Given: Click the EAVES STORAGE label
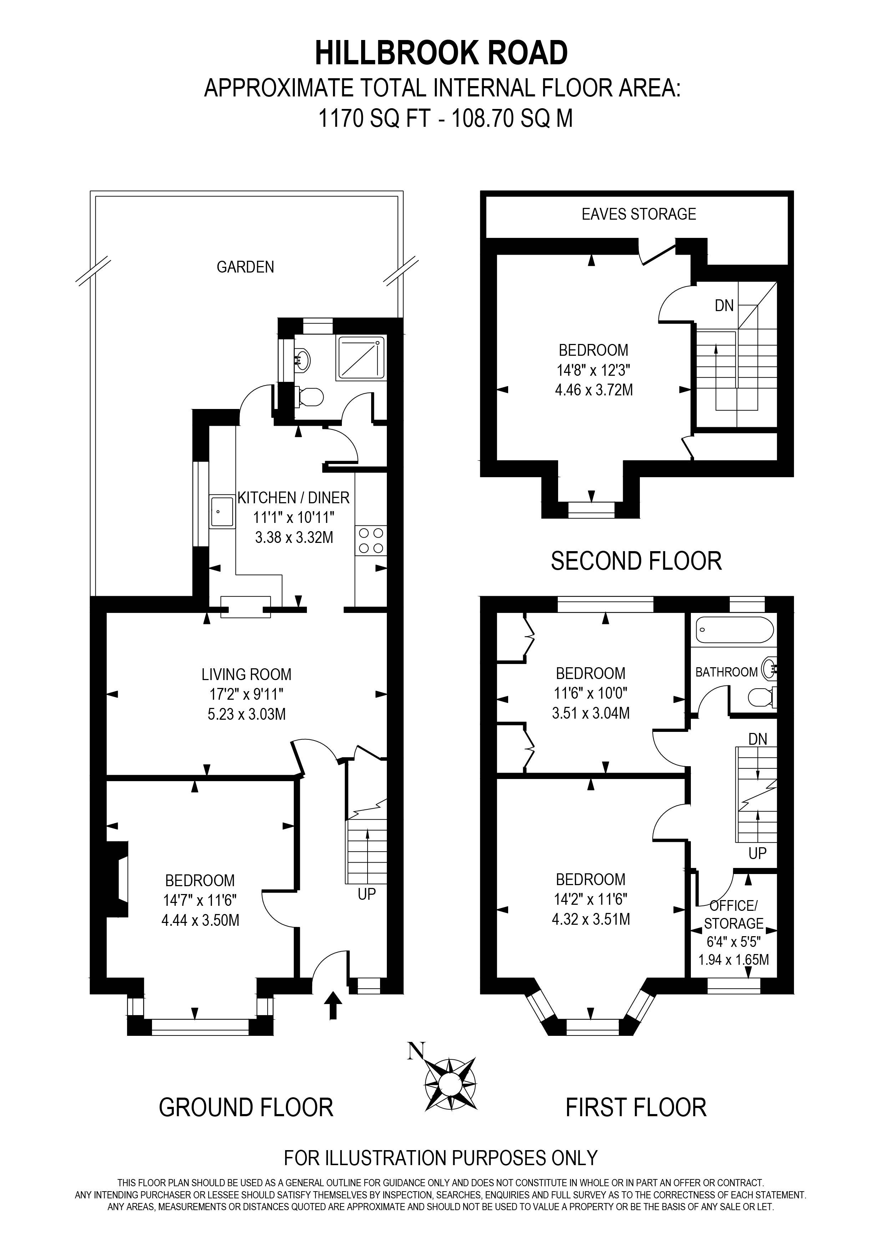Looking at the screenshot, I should click(638, 214).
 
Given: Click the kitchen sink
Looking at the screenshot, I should click(222, 511).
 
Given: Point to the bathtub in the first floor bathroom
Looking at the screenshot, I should click(734, 630).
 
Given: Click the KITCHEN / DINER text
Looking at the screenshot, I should click(293, 497).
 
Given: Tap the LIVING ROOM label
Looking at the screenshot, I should click(247, 674).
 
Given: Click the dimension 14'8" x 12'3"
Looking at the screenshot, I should click(593, 370).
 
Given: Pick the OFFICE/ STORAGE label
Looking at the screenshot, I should click(733, 915).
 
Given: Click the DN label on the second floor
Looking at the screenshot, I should click(724, 306).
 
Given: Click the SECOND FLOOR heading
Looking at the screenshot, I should click(636, 561).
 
